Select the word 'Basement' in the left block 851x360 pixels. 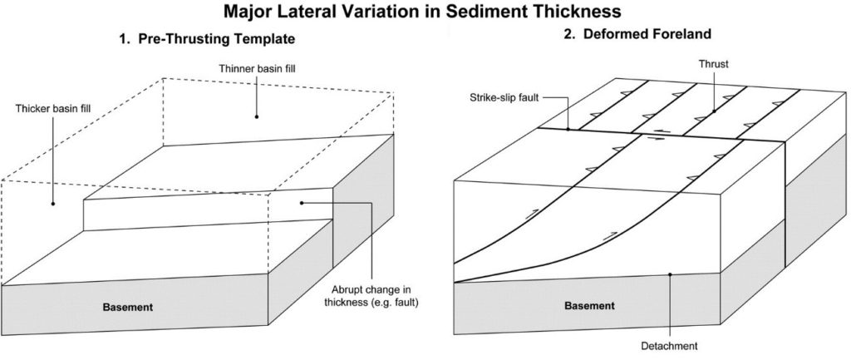coord(129,307)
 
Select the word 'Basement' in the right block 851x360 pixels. coord(590,305)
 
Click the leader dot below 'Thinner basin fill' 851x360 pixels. coord(257,115)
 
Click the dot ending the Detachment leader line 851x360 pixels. coord(670,273)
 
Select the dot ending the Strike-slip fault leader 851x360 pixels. coord(568,129)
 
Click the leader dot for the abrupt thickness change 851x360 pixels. coord(302,202)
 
